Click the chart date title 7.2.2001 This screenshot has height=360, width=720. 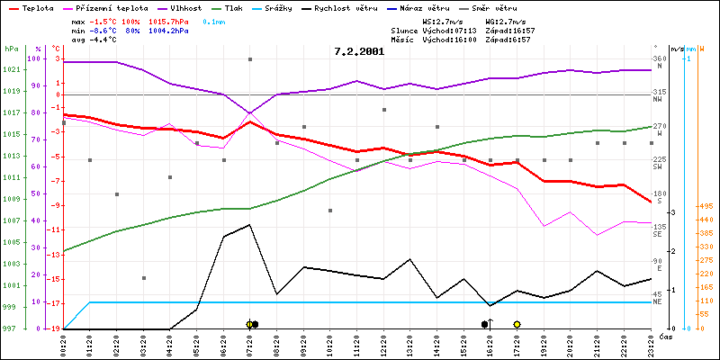point(358,51)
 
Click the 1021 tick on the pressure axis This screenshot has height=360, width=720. point(11,70)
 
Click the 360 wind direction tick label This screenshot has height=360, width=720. point(660,59)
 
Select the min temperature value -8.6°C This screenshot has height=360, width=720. point(110,31)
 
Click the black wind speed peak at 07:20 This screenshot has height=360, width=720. point(250,225)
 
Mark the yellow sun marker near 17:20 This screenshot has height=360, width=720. point(517,324)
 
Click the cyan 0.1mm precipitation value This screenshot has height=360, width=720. point(214,21)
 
